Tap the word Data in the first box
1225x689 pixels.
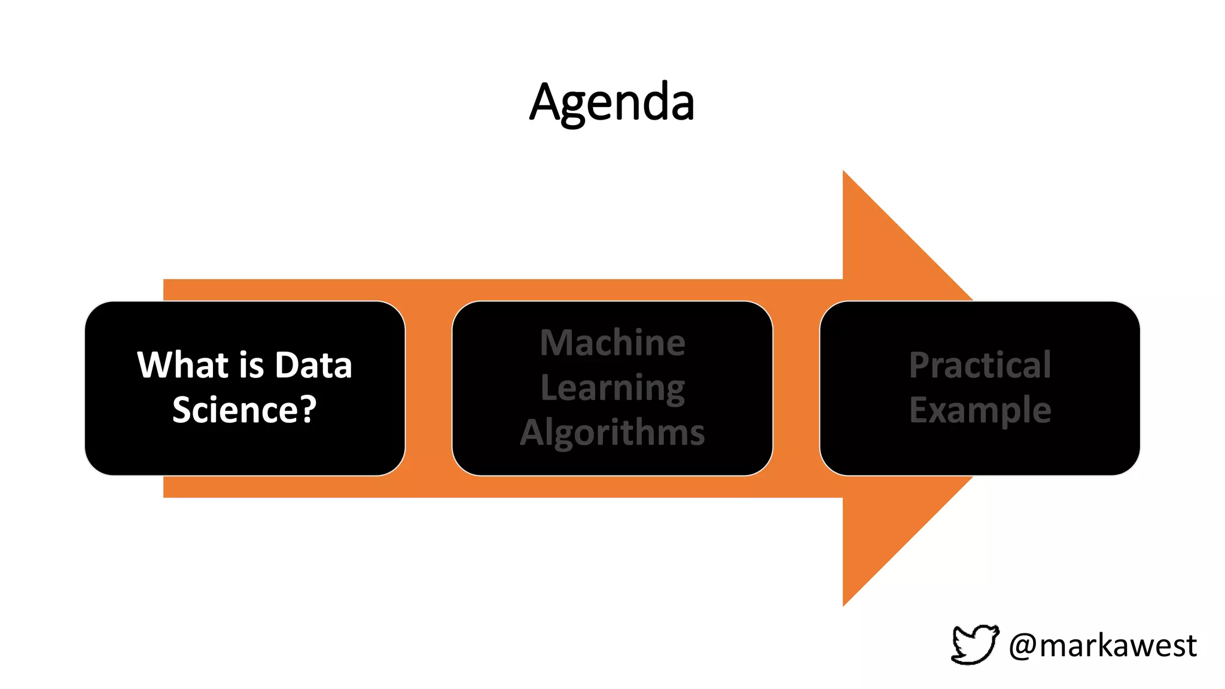point(313,365)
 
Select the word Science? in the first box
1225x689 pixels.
point(244,410)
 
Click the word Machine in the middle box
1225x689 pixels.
point(612,343)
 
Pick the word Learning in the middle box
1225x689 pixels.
point(612,388)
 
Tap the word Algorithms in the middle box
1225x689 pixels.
point(612,432)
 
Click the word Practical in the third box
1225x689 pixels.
point(980,365)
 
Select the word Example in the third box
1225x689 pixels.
point(980,410)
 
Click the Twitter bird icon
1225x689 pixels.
point(974,645)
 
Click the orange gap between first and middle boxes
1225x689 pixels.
point(428,389)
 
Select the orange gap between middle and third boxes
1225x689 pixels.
point(796,389)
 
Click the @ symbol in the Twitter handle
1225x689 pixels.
point(1023,647)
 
